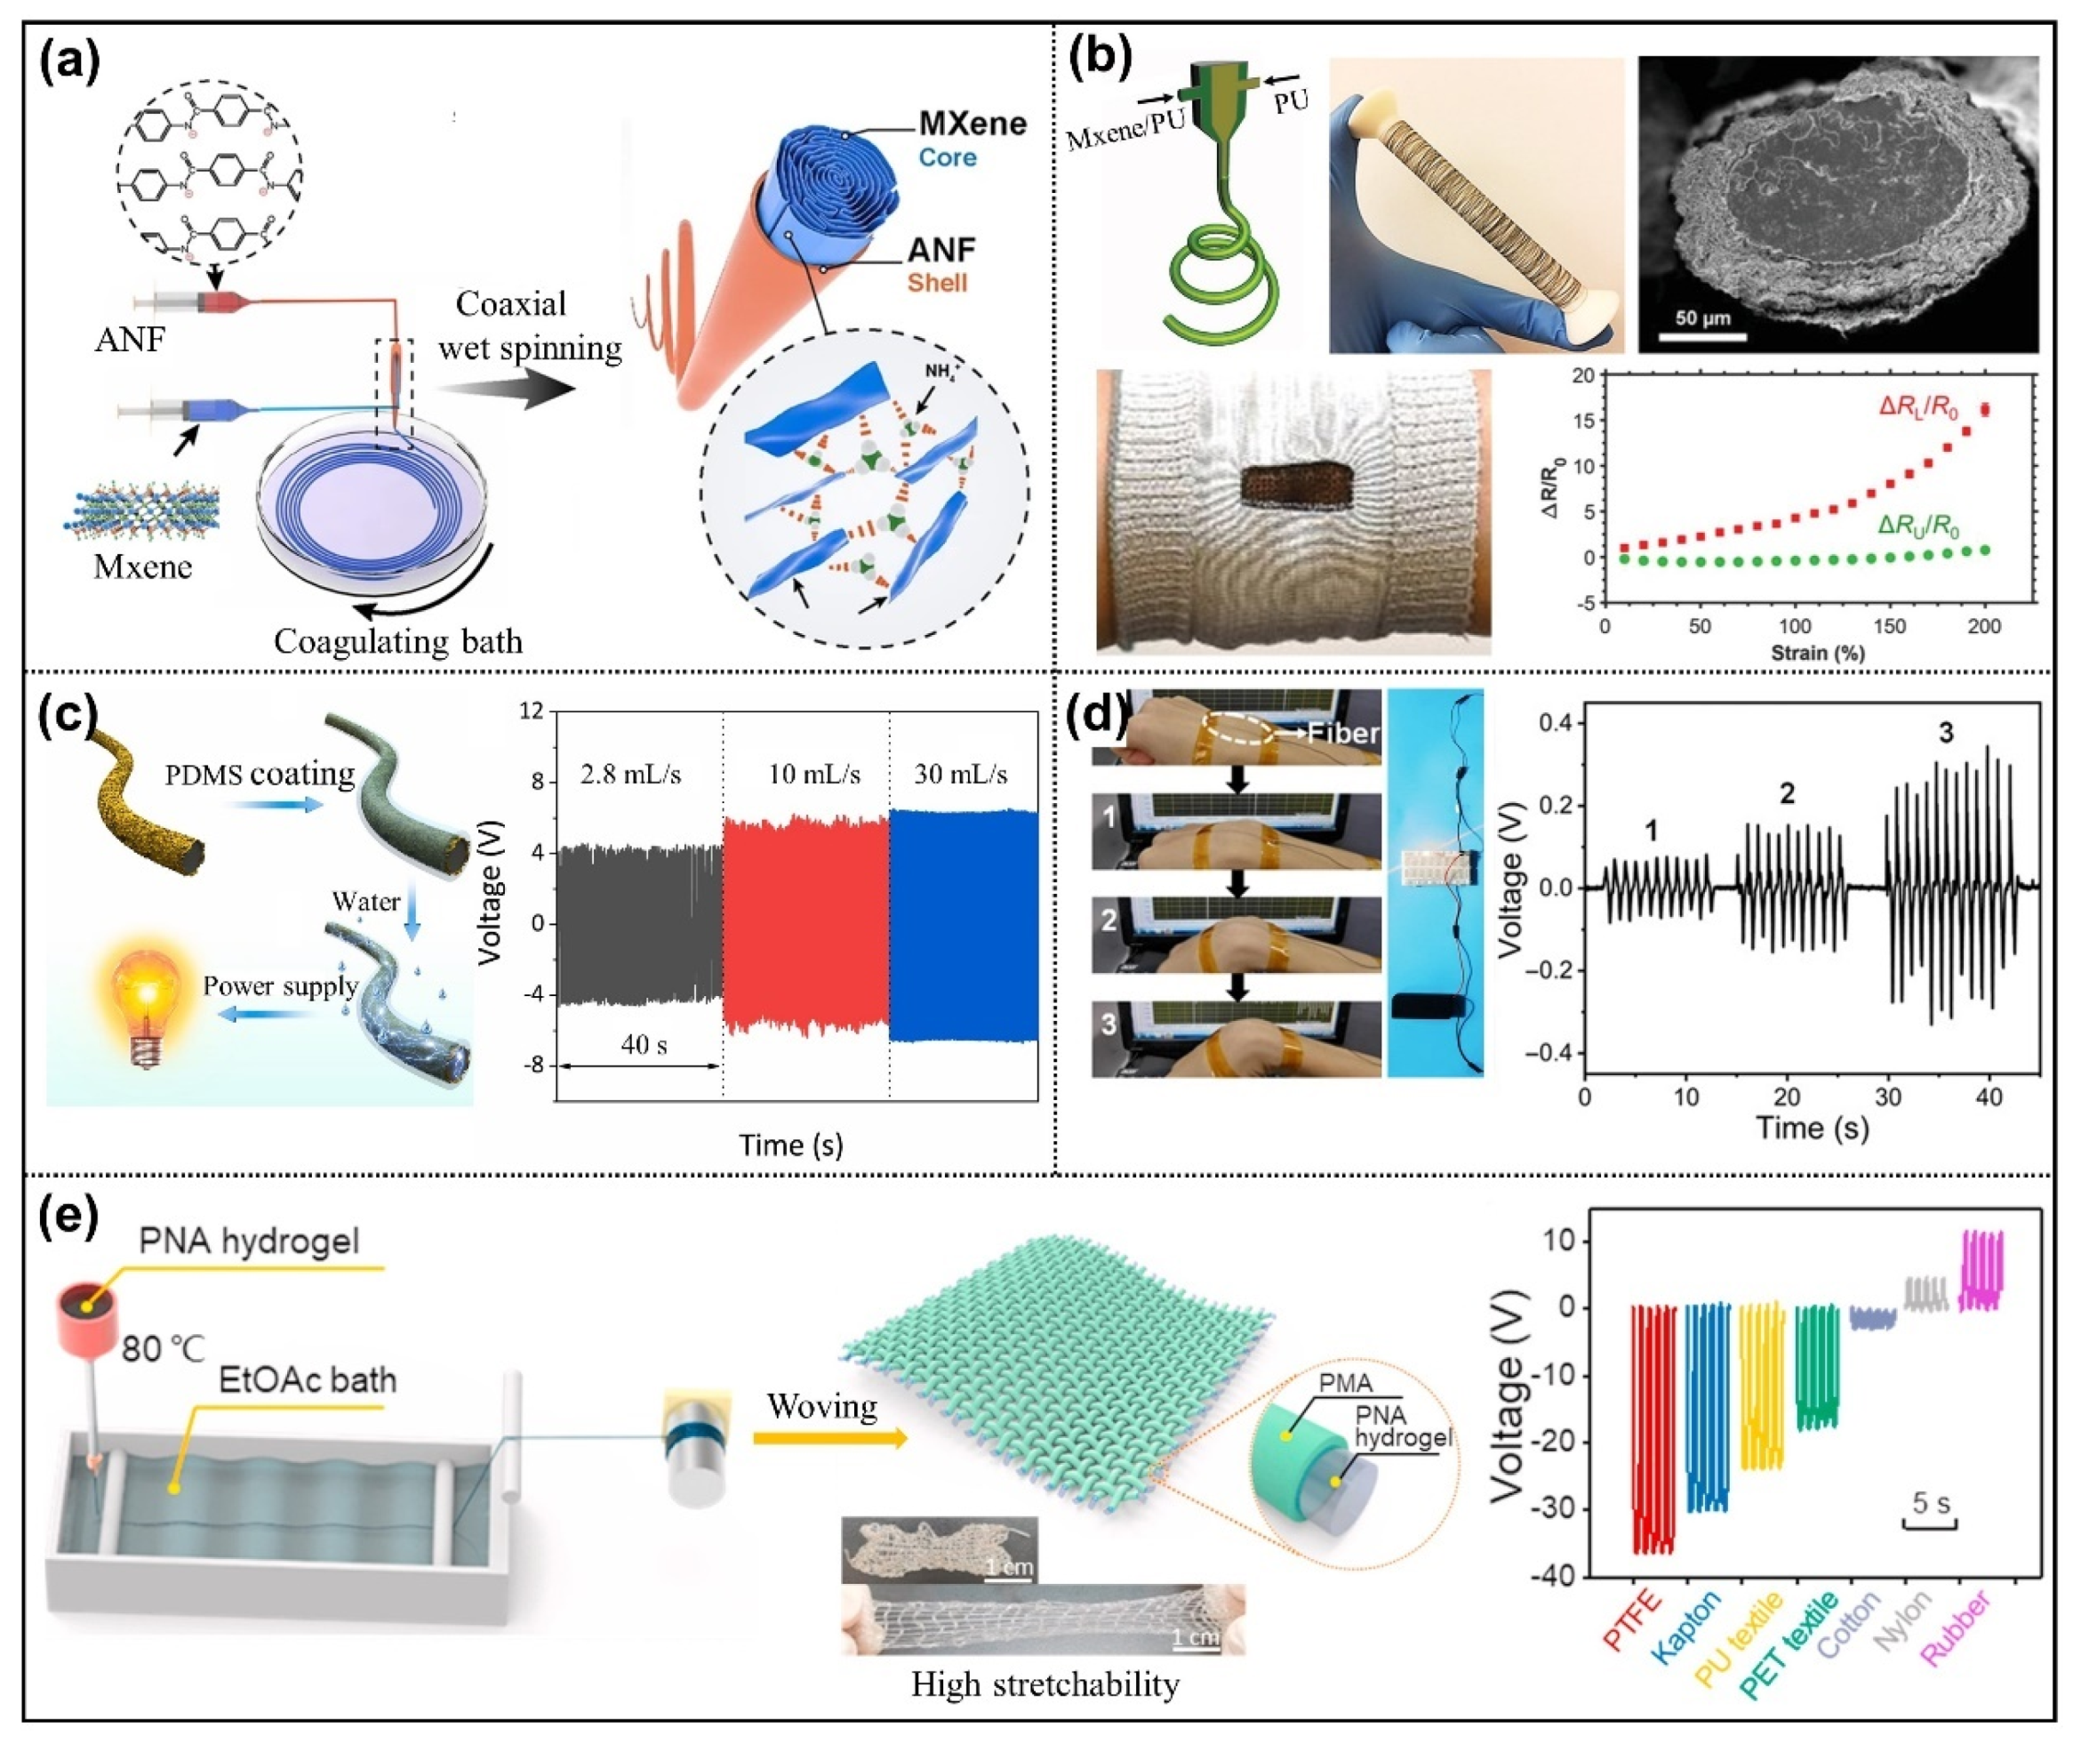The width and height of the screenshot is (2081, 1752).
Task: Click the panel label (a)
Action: coord(69,61)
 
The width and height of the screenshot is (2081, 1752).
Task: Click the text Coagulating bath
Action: coord(398,641)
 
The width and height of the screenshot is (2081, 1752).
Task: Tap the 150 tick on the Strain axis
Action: coord(1889,627)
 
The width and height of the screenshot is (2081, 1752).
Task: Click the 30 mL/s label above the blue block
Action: coord(961,774)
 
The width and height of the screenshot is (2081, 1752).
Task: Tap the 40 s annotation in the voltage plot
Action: coord(644,1045)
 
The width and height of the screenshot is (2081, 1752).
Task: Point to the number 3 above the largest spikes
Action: coord(1945,733)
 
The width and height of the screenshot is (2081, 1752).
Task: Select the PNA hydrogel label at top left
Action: coord(249,1242)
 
